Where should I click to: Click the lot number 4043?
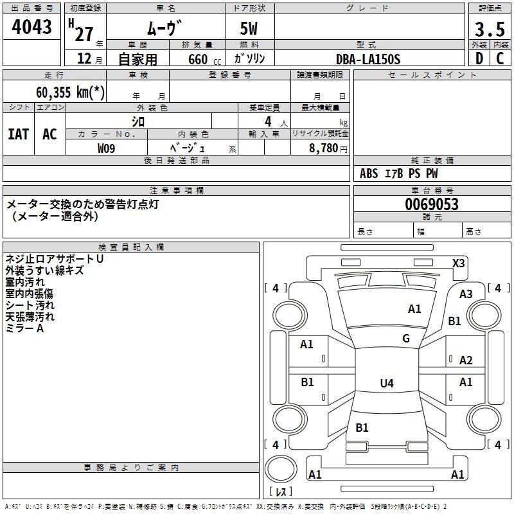[x=31, y=27]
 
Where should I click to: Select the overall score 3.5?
[x=489, y=29]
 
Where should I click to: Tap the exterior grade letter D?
[x=479, y=58]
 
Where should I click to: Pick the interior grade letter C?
[x=500, y=58]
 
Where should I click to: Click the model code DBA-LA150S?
[x=368, y=59]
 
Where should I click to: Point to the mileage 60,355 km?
[x=70, y=92]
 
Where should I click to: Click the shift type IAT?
[x=18, y=134]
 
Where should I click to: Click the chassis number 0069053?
[x=431, y=205]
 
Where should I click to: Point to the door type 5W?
[x=250, y=29]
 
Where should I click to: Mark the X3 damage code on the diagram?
[x=459, y=263]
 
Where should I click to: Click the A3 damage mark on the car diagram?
[x=466, y=294]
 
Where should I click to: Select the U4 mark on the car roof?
[x=386, y=384]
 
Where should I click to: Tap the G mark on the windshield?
[x=406, y=339]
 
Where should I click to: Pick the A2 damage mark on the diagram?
[x=466, y=360]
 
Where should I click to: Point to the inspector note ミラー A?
[x=24, y=328]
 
